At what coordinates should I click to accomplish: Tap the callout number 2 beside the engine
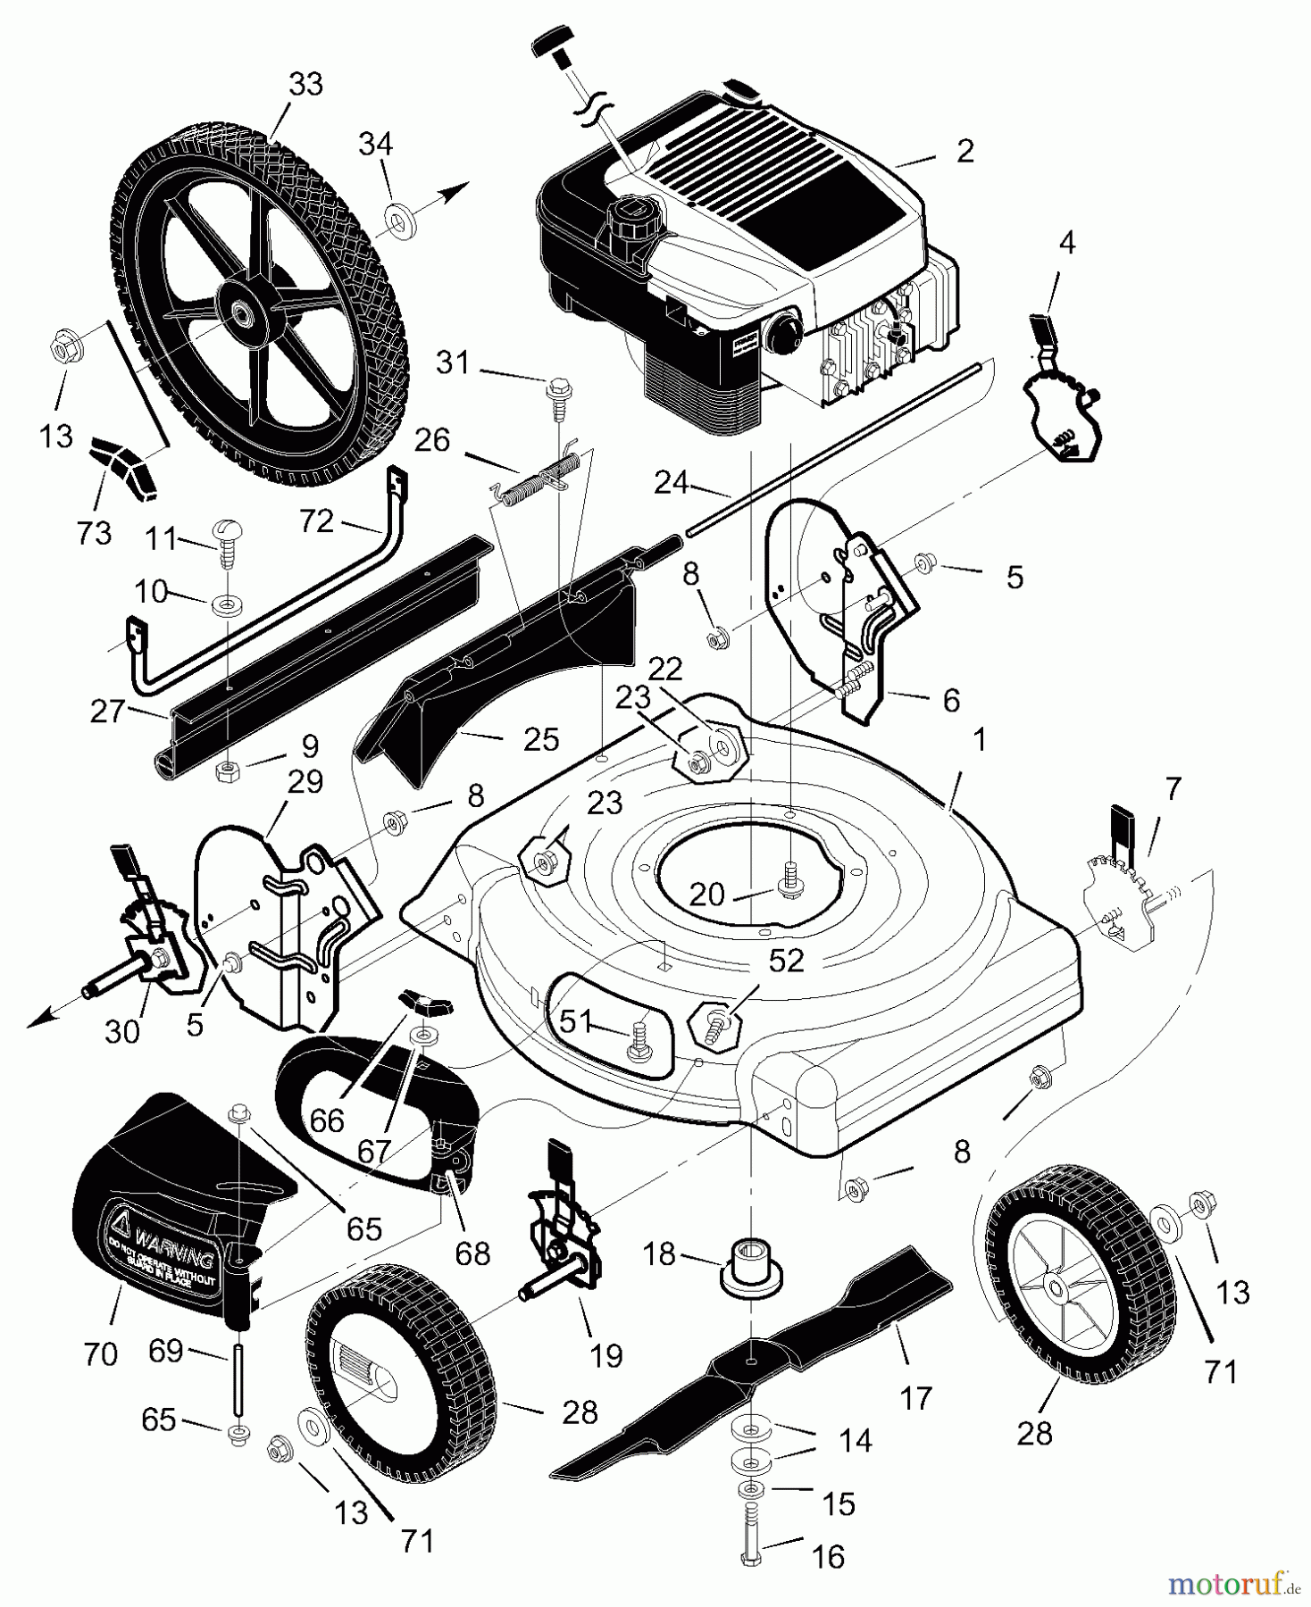click(964, 151)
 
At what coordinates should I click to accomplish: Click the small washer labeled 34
click(399, 219)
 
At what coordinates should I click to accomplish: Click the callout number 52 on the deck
click(786, 961)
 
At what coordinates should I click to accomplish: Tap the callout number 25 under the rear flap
click(541, 739)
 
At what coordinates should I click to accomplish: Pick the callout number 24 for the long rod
click(671, 483)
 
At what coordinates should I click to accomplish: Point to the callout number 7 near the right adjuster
click(1173, 788)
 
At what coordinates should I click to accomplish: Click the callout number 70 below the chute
click(100, 1354)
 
